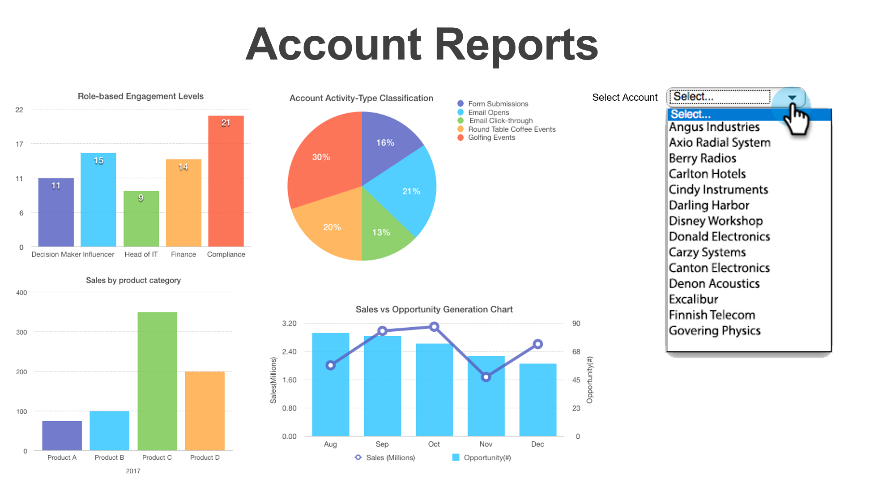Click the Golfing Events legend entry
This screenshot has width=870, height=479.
(491, 137)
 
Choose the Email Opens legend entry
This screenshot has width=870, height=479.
(488, 112)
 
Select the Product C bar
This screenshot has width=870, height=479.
(157, 381)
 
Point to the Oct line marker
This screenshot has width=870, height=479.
(434, 327)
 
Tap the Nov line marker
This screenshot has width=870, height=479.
(486, 377)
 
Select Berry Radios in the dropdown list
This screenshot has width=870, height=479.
(702, 158)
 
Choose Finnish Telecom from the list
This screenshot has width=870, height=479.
(712, 315)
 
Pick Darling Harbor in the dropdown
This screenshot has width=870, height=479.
(709, 205)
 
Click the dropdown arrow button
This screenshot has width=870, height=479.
(792, 98)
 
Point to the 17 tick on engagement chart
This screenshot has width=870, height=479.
(19, 144)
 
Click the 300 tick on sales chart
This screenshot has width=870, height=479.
(21, 332)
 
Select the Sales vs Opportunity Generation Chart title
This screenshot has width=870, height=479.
(434, 309)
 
